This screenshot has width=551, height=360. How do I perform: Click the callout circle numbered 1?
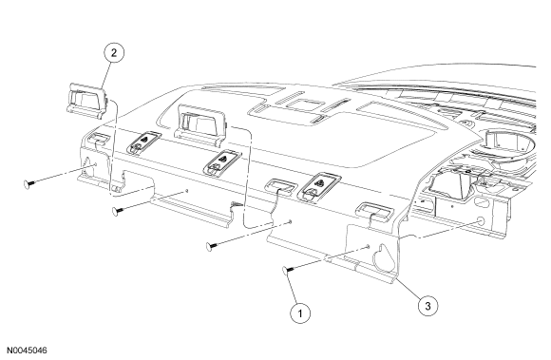click(x=300, y=313)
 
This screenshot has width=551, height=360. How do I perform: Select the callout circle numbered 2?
click(x=114, y=53)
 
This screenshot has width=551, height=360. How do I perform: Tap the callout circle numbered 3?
click(x=427, y=306)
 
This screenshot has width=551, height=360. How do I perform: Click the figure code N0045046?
click(x=27, y=351)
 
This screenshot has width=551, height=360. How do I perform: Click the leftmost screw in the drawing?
click(x=29, y=183)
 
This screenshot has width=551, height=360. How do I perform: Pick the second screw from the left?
click(x=118, y=210)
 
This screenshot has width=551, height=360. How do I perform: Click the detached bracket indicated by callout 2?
click(x=86, y=101)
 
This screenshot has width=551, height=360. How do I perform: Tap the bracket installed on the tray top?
click(x=199, y=124)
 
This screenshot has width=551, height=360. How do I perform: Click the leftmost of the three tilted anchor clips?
click(x=143, y=142)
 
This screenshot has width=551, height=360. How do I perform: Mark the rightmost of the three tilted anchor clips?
click(x=318, y=187)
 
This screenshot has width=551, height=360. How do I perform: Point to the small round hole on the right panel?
click(x=480, y=221)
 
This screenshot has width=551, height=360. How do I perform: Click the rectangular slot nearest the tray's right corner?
click(x=374, y=210)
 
